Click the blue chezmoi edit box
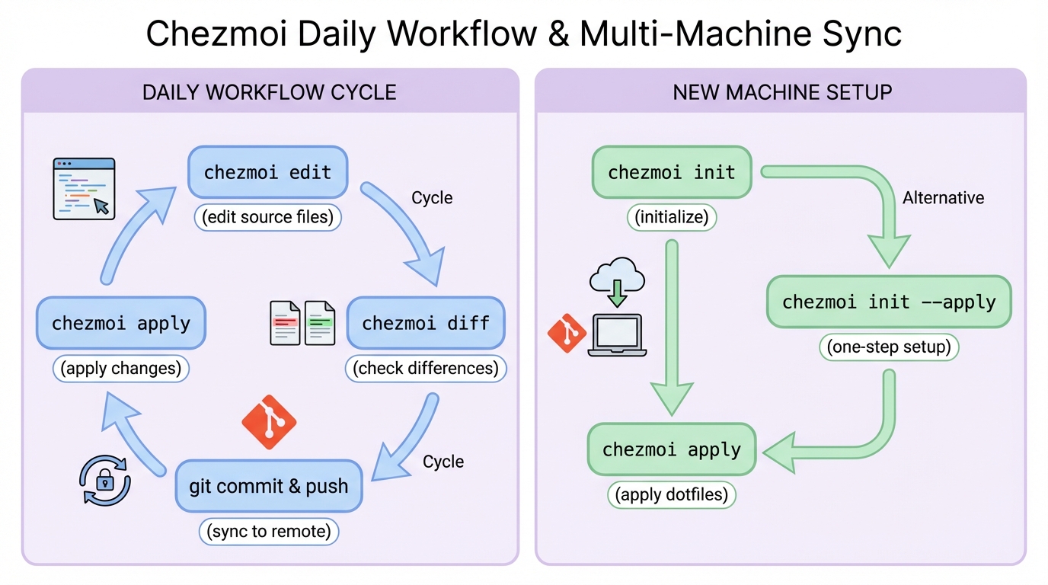(x=267, y=172)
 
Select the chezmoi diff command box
(x=425, y=323)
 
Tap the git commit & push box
(x=268, y=486)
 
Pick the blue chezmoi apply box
(x=120, y=323)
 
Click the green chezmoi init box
(x=671, y=172)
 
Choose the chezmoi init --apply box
(x=888, y=302)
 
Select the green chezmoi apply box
(x=671, y=449)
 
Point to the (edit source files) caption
(x=267, y=217)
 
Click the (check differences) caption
(x=426, y=369)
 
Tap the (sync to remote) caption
(x=269, y=531)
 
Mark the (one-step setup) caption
(x=889, y=347)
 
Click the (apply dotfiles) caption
(x=671, y=495)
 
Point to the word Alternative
(x=943, y=198)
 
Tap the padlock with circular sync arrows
(x=105, y=481)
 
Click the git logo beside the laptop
(x=567, y=332)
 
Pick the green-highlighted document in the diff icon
(x=320, y=323)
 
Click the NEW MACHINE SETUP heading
(x=781, y=93)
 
